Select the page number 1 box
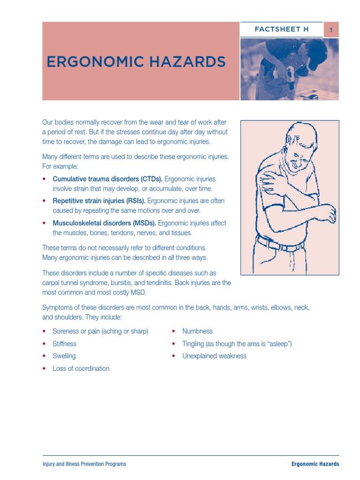[331, 30]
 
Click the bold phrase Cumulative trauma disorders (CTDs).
[107, 179]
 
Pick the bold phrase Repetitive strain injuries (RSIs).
[99, 201]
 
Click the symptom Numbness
[197, 331]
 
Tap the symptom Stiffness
[65, 344]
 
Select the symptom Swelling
[64, 356]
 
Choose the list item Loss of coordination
[81, 368]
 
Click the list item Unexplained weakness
[214, 356]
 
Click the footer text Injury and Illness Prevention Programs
[84, 464]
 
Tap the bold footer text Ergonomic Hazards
[315, 464]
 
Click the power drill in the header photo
[291, 77]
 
